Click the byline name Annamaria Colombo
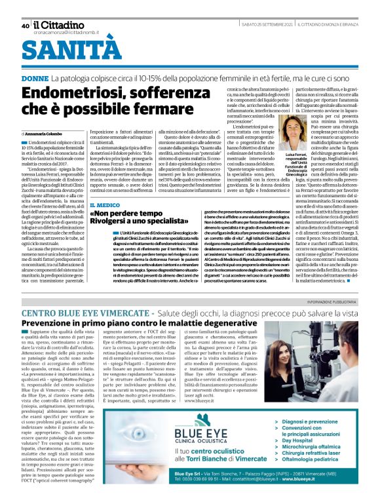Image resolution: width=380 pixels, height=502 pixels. (x=47, y=134)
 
